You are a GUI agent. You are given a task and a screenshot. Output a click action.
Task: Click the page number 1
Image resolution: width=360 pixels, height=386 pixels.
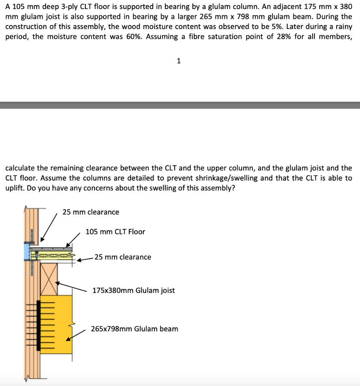(178, 61)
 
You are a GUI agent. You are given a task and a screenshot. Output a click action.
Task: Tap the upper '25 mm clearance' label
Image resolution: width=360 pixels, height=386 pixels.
(91, 212)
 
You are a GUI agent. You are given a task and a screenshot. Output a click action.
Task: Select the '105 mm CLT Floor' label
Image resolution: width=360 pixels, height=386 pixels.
(115, 232)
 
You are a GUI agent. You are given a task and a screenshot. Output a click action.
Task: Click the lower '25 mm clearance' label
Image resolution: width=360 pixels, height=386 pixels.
(123, 257)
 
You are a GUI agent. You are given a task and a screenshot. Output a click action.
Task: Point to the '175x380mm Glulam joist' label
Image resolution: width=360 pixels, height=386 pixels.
(134, 291)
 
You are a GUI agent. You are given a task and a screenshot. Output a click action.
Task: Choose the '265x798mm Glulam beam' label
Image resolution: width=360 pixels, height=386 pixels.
(134, 329)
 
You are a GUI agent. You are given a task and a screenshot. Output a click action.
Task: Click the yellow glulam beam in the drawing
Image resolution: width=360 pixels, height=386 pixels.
(56, 324)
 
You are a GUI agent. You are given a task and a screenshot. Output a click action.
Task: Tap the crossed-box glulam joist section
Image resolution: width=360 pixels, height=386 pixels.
(49, 279)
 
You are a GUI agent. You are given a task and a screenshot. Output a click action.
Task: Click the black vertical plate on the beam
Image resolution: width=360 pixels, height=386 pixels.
(38, 325)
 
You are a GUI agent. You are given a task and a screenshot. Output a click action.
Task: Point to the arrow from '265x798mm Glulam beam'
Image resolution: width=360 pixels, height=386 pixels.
(76, 335)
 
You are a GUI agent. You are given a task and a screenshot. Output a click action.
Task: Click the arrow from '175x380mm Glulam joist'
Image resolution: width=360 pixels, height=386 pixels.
(72, 286)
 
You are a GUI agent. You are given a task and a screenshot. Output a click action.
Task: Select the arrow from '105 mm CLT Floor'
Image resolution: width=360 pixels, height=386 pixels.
(74, 239)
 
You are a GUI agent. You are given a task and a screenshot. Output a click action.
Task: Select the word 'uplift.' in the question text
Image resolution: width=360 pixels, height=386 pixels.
(15, 188)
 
